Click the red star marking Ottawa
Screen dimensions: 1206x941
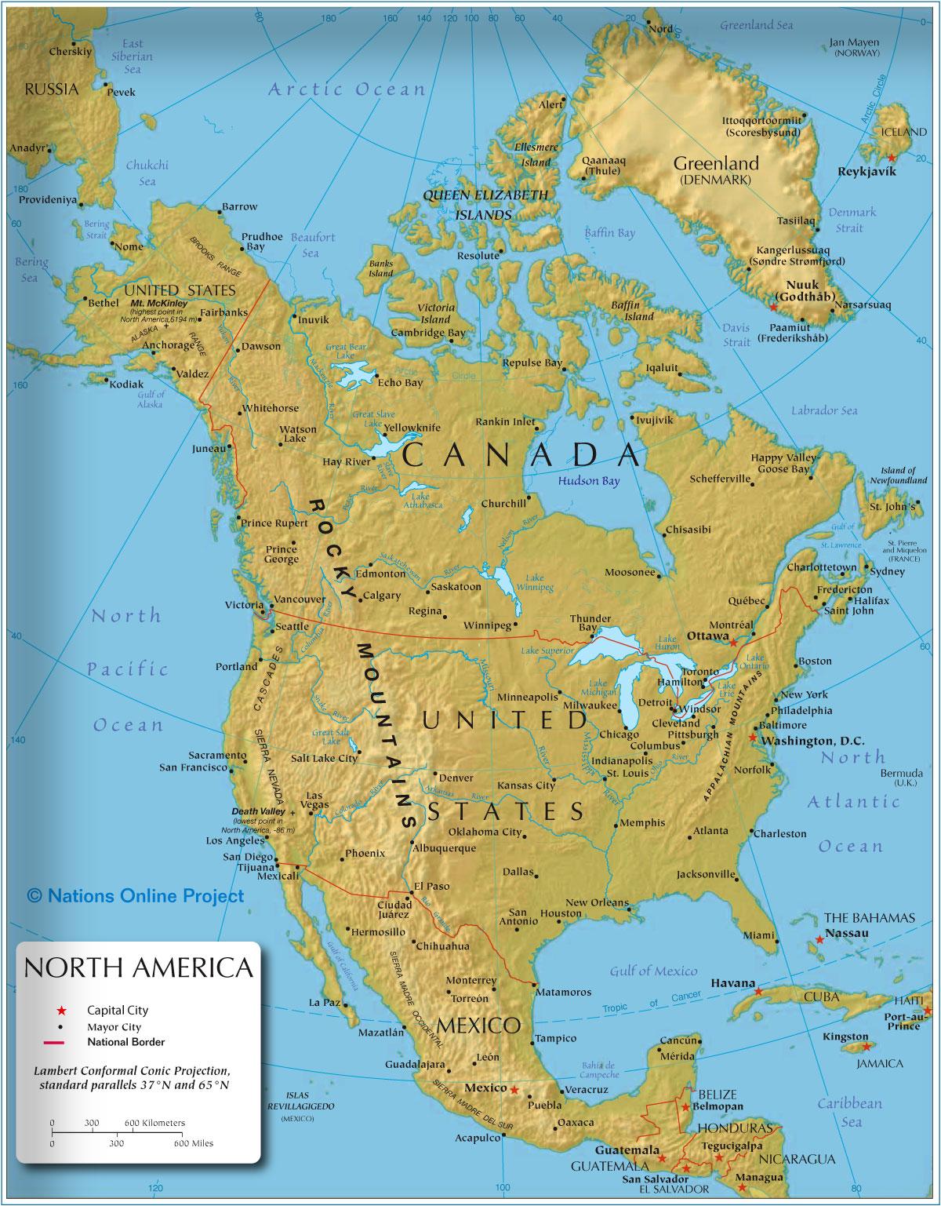[733, 642]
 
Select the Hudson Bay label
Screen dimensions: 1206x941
[588, 481]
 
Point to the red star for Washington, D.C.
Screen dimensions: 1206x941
[753, 738]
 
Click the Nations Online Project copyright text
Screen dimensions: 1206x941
[136, 895]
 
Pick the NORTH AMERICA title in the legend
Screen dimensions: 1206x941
[139, 967]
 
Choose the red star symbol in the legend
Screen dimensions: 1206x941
[60, 1011]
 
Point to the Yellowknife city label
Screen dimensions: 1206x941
[412, 428]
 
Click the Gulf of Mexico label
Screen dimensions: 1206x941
[653, 971]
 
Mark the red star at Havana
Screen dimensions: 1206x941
[758, 993]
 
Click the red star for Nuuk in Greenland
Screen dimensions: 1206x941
[774, 308]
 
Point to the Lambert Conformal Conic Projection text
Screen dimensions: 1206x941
[133, 1077]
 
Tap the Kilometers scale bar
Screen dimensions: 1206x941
[118, 1131]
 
